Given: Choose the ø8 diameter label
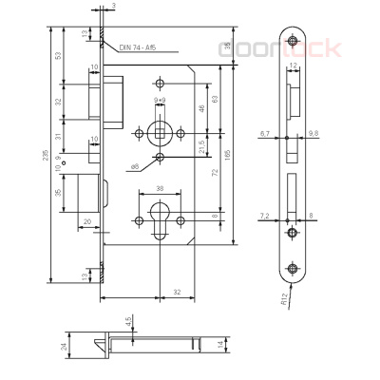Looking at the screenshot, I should (x=136, y=166).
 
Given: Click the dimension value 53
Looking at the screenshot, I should (x=59, y=55).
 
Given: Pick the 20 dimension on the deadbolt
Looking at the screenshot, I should (x=86, y=223).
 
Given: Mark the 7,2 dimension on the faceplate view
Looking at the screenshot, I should (x=264, y=217).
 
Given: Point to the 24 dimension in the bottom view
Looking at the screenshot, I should (x=63, y=348).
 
